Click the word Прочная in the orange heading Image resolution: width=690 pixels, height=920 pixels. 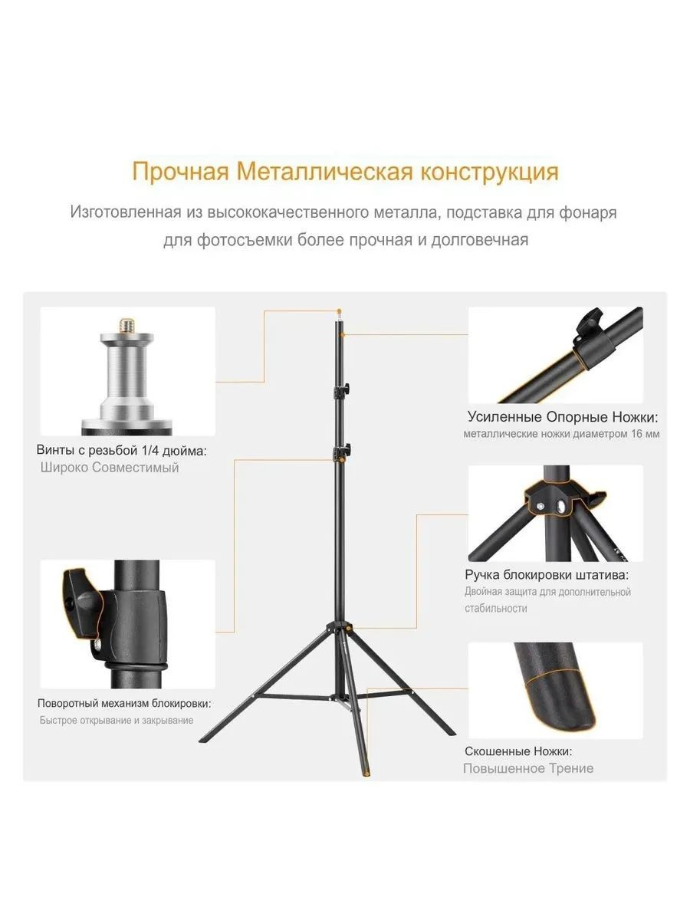coord(181,172)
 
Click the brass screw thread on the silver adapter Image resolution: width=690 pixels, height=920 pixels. coord(126,325)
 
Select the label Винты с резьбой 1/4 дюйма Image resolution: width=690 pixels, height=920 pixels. coord(122,450)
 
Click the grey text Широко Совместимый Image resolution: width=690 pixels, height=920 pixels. coord(110,468)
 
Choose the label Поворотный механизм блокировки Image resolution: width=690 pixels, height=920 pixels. coord(124,703)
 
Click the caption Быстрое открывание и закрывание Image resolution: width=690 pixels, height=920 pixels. coord(117,721)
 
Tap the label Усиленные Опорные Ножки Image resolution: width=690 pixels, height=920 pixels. coord(563,417)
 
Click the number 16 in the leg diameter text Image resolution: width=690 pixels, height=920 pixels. coord(638,434)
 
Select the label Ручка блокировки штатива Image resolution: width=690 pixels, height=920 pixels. coord(547,575)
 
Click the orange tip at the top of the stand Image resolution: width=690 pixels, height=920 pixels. coord(340,312)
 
